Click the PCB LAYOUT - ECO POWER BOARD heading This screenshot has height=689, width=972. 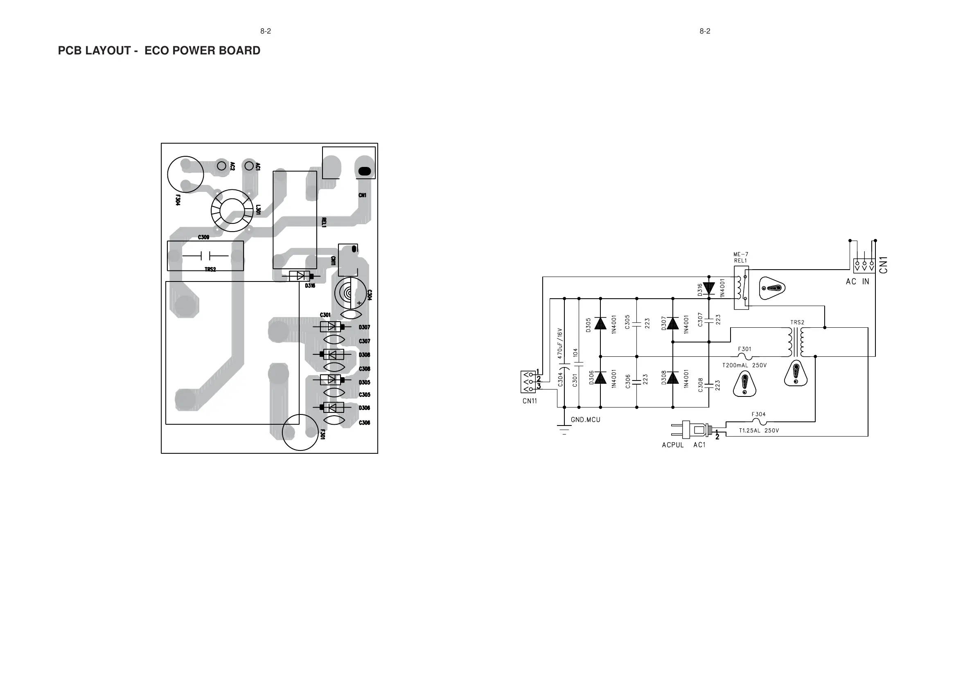coord(159,50)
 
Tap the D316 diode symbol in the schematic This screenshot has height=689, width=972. coord(709,288)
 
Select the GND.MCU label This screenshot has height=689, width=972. coord(586,420)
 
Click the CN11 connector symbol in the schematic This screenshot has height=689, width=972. coord(528,381)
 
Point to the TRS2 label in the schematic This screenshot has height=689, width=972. coord(797,322)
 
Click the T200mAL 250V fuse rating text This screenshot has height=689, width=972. coord(744,365)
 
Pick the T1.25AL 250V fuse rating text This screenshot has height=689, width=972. coord(759,430)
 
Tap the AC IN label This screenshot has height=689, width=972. coord(857,282)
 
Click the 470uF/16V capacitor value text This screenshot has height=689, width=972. coord(559,343)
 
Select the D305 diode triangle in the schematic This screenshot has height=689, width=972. coord(600,323)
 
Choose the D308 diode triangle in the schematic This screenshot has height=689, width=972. coord(673,377)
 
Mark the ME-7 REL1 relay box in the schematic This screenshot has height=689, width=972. coord(741,288)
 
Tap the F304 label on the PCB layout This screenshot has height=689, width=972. coord(177,200)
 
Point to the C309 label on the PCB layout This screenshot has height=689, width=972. coord(204,237)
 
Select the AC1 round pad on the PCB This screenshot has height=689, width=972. coord(248,165)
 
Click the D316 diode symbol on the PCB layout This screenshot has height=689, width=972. coord(300,276)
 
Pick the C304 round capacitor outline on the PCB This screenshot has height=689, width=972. coord(350,294)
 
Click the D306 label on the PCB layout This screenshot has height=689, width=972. coord(364,408)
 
